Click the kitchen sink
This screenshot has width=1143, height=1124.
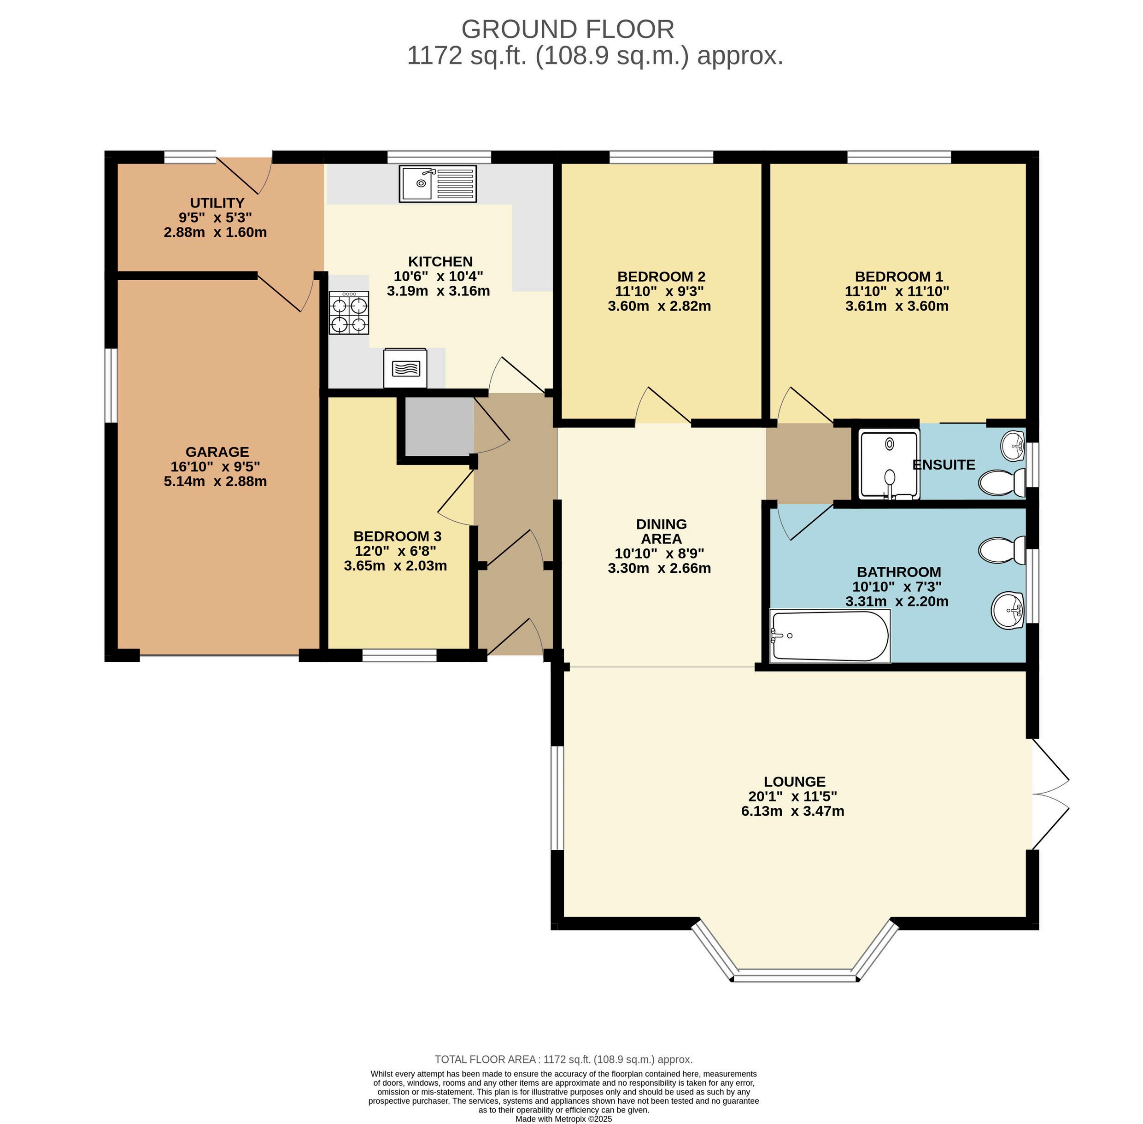pyautogui.click(x=438, y=183)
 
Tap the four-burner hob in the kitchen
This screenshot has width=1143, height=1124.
pyautogui.click(x=349, y=313)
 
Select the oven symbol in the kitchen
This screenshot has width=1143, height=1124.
pyautogui.click(x=405, y=368)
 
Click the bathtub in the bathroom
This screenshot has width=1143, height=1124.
pyautogui.click(x=830, y=636)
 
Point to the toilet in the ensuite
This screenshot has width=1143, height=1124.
pyautogui.click(x=1002, y=483)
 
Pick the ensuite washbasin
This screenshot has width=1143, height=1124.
pyautogui.click(x=1013, y=445)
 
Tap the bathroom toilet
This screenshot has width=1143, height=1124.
pyautogui.click(x=1002, y=550)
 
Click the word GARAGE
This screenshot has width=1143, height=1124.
pyautogui.click(x=217, y=452)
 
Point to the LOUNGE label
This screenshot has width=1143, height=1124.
pyautogui.click(x=794, y=782)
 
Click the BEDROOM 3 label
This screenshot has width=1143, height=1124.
pyautogui.click(x=397, y=536)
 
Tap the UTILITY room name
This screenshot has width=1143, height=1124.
pyautogui.click(x=217, y=202)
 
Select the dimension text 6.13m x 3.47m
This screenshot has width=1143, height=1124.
pyautogui.click(x=792, y=811)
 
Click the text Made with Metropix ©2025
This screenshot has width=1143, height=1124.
pyautogui.click(x=563, y=1118)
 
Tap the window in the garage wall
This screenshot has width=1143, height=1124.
pyautogui.click(x=111, y=385)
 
